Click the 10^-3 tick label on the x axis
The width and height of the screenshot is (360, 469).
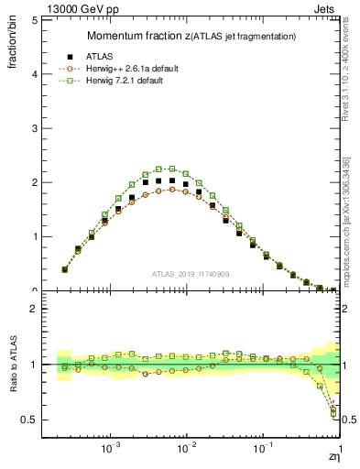(111, 451)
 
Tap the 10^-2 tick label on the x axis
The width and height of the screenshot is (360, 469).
(187, 451)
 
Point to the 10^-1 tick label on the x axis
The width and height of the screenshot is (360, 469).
(263, 451)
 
